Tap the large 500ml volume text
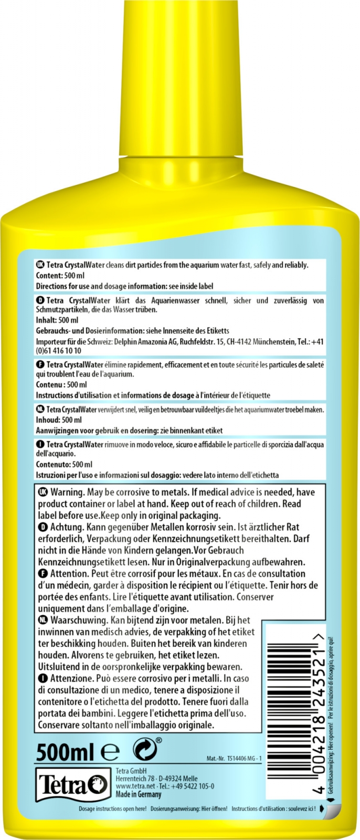coord(65,753)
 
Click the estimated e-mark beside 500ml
coord(110,753)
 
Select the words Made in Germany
coord(139,794)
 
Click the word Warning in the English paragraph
coord(67,492)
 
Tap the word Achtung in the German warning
coord(66,527)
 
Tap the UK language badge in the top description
coord(40,265)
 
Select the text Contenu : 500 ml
coord(61,384)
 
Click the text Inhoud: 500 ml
coord(59,420)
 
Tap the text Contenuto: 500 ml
coord(64,465)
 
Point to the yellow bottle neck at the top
coord(179,79)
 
